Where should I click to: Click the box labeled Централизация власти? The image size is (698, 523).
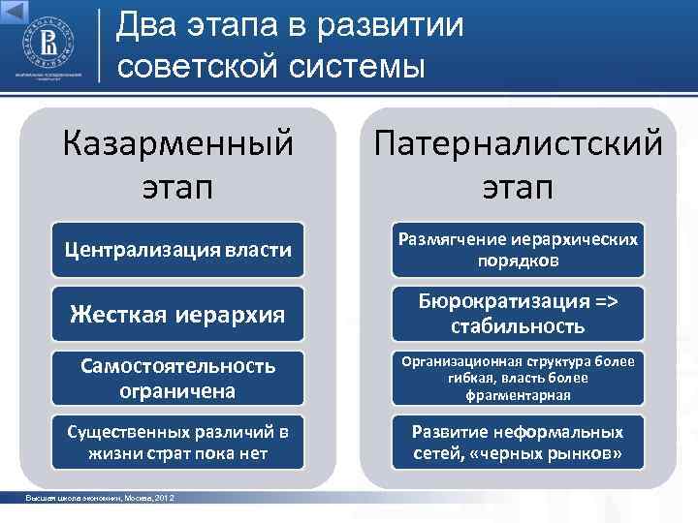pos(177,251)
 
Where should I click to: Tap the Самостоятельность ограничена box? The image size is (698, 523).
pos(177,379)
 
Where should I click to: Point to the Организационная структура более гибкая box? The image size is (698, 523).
pos(516,379)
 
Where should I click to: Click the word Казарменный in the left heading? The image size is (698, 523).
pos(177,145)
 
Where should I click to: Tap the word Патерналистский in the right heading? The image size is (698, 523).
pos(516,145)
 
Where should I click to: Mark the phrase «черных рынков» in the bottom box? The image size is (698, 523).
pos(566,454)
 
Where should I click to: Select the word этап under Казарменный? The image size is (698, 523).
pos(177,184)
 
